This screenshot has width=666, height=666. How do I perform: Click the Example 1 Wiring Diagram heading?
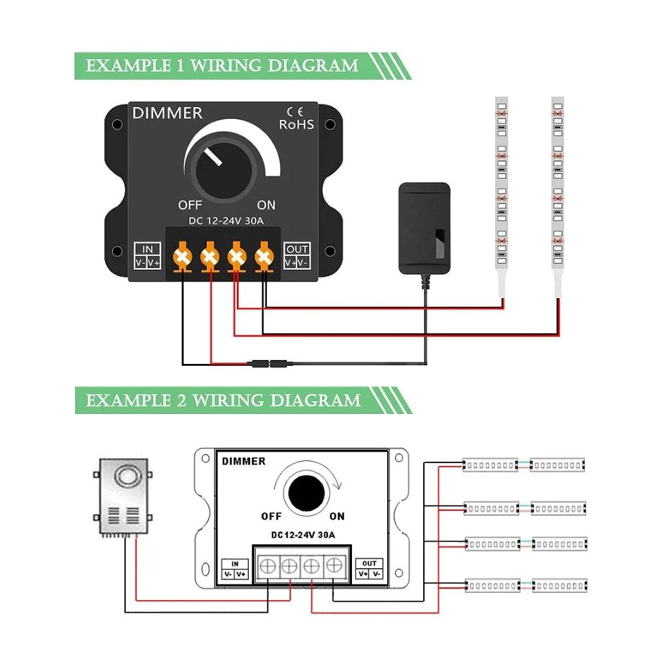coord(222,66)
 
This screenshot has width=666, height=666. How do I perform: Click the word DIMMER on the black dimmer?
coord(167,113)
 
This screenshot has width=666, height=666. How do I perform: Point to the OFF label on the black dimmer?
coord(190,205)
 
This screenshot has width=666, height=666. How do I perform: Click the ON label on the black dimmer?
coord(266,205)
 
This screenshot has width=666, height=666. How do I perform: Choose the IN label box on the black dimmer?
coord(148,256)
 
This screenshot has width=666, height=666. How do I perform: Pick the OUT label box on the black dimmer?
coord(297,256)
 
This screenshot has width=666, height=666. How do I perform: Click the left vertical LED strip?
coord(502,186)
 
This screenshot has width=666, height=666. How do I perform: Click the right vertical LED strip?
coord(558,186)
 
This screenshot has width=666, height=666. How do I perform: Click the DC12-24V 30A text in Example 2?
coord(303,535)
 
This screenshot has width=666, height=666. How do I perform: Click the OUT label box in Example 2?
coord(370,568)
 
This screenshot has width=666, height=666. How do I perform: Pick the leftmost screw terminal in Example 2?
coord(268,566)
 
